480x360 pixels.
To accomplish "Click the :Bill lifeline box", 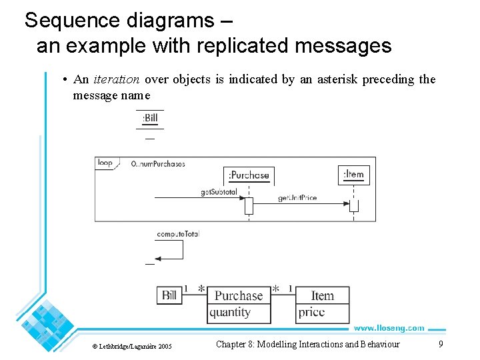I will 150,119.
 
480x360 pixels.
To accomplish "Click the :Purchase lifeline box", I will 249,175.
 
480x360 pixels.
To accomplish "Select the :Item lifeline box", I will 353,175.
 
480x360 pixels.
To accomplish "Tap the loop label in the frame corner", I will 105,163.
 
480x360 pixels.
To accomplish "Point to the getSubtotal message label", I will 219,192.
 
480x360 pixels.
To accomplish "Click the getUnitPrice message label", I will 297,198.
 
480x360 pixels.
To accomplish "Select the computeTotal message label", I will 177,234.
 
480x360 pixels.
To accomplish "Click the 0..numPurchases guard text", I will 158,163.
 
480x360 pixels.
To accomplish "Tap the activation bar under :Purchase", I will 249,205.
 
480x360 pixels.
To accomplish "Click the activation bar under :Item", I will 353,205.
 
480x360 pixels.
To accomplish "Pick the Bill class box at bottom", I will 169,295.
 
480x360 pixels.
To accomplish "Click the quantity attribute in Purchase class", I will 231,312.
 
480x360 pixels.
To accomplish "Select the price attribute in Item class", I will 312,312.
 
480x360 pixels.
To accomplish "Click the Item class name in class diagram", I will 323,295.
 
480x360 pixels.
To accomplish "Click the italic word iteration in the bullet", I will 116,79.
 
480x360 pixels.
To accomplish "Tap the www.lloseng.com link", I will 389,328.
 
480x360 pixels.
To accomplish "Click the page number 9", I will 440,344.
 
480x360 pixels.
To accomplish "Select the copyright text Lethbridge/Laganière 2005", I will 132,345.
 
